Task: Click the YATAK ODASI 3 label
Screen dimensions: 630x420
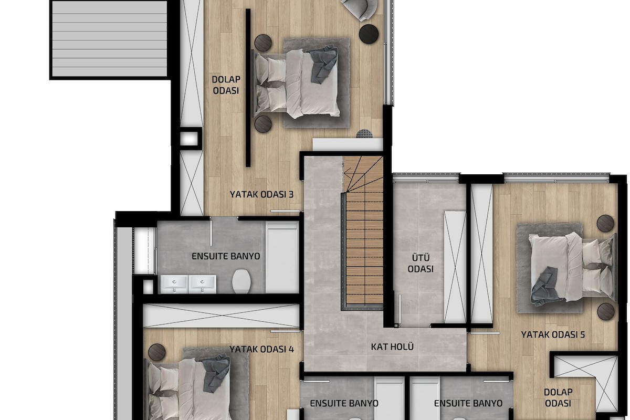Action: (261, 194)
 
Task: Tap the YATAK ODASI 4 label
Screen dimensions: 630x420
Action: (261, 349)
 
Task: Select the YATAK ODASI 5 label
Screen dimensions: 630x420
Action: (553, 334)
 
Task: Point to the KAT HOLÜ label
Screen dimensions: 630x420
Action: (392, 346)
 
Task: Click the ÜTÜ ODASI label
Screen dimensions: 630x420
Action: (421, 264)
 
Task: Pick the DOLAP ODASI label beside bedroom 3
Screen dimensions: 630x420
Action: (226, 85)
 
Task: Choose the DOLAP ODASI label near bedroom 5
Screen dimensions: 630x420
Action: (558, 397)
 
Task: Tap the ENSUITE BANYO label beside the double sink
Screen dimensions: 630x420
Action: (226, 256)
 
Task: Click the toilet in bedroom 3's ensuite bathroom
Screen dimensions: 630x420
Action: (241, 281)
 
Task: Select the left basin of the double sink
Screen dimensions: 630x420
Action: (174, 284)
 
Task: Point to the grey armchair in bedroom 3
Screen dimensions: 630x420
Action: (360, 9)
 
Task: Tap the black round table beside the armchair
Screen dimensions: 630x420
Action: (369, 34)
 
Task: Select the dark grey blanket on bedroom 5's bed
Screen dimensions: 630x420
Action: (544, 286)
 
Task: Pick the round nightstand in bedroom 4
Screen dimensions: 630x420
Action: (156, 352)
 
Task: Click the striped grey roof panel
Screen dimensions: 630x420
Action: (110, 39)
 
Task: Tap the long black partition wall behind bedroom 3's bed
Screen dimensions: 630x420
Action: (248, 88)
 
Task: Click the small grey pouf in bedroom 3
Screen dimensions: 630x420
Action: (364, 134)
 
